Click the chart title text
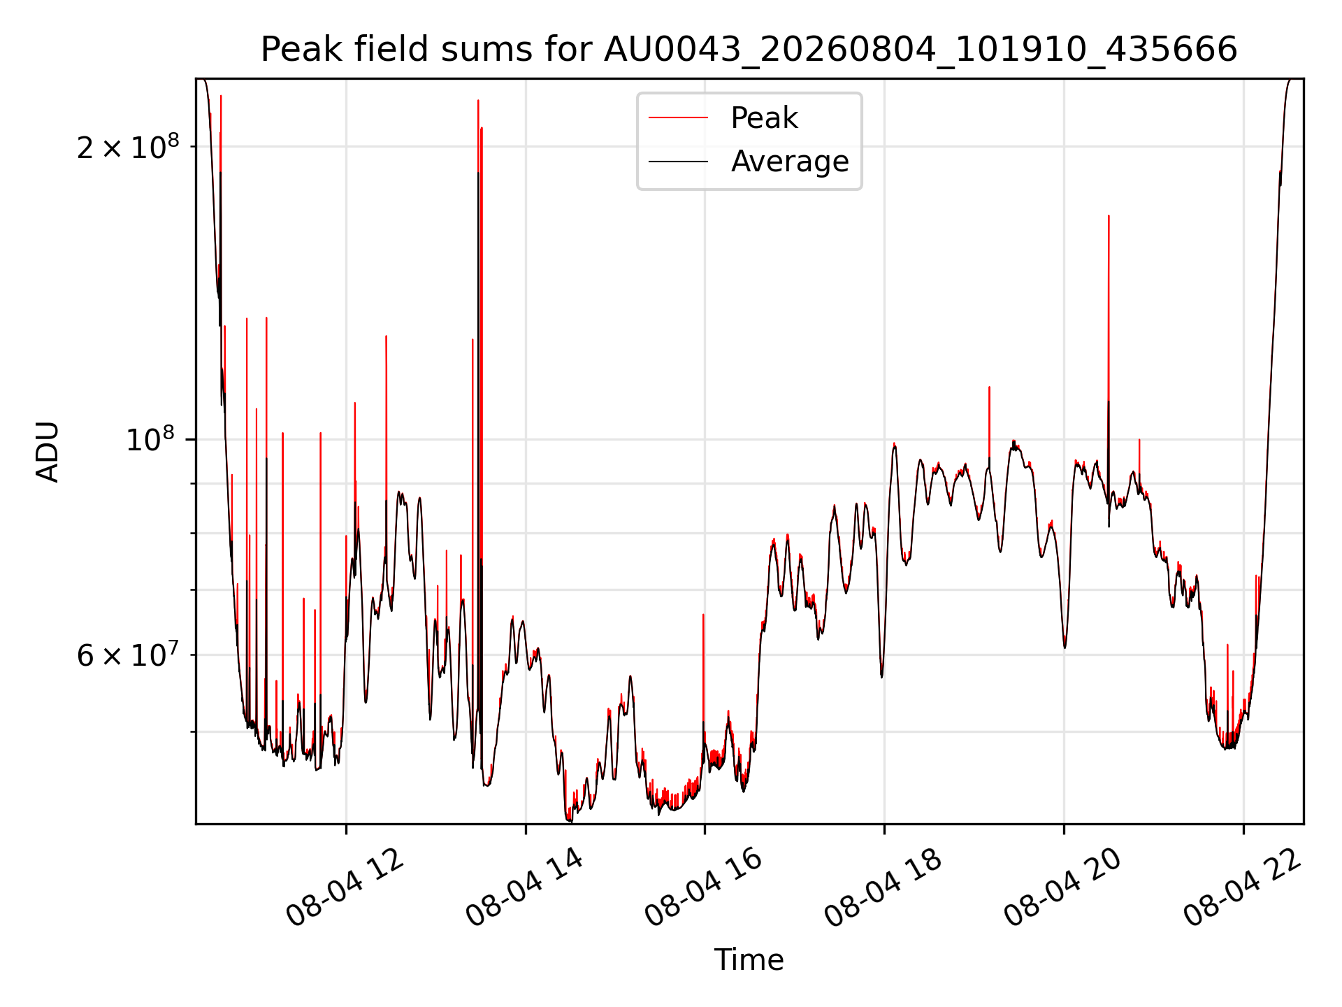tap(749, 50)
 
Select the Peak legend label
tap(764, 118)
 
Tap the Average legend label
tap(790, 162)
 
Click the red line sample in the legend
tap(678, 118)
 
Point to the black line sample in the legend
tap(678, 162)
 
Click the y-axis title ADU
tap(48, 451)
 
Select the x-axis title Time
tap(749, 959)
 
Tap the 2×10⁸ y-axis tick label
tap(128, 146)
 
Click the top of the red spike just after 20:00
tap(1109, 216)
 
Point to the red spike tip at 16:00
tap(703, 615)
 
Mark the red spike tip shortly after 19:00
tap(989, 387)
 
